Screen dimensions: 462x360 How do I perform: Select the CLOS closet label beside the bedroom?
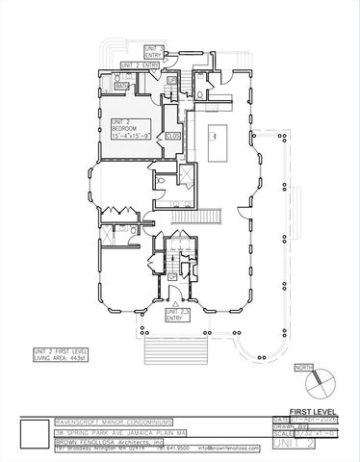(x=173, y=137)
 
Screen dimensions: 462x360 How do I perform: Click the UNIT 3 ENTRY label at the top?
(x=152, y=50)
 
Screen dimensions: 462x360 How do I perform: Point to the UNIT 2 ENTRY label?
(x=138, y=64)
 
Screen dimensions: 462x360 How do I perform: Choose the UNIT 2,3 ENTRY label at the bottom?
(x=179, y=315)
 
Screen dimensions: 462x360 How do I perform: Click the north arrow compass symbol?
(x=312, y=382)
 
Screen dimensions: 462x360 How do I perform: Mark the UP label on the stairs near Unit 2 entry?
(x=170, y=79)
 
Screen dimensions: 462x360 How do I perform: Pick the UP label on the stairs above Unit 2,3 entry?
(x=173, y=276)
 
